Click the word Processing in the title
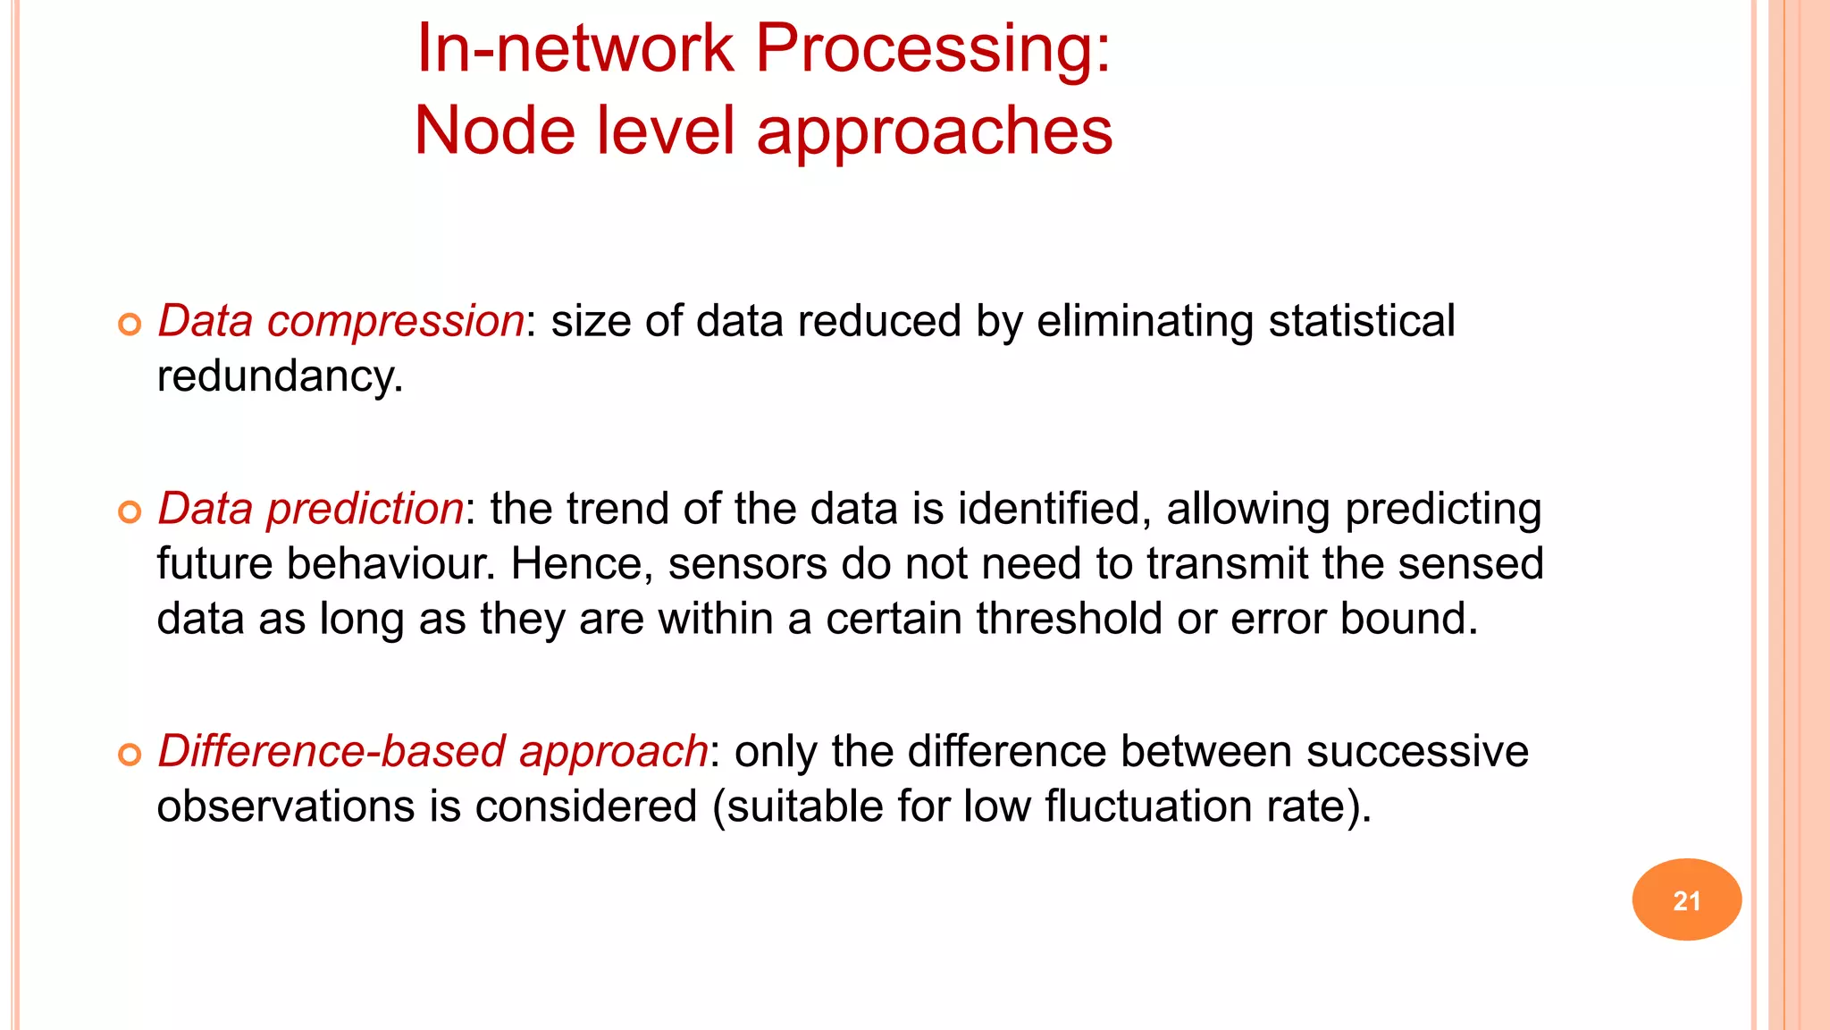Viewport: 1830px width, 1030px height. [x=933, y=48]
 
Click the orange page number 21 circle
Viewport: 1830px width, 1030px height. [x=1686, y=899]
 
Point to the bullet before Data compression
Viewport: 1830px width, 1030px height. [x=130, y=324]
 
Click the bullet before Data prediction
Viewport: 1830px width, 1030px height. [x=130, y=511]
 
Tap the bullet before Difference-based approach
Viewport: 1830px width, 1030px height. [x=130, y=754]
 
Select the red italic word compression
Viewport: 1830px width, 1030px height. [x=395, y=322]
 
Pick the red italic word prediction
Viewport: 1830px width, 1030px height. [x=365, y=510]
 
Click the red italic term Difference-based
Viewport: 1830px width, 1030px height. [x=332, y=751]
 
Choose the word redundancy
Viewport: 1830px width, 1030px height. [x=280, y=376]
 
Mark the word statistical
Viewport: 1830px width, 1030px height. [x=1361, y=321]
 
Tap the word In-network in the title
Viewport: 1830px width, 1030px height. [x=574, y=48]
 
